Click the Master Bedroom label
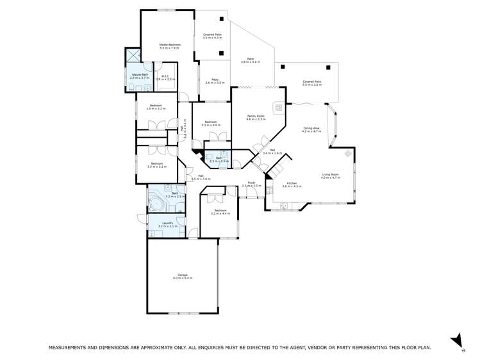point(170,44)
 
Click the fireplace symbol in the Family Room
point(279,108)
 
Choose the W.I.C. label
point(165,75)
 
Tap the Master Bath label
point(140,75)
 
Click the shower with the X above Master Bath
point(133,56)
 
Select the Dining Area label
point(311,128)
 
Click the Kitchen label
point(292,183)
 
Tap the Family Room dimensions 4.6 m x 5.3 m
point(256,119)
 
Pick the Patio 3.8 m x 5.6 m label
point(251,61)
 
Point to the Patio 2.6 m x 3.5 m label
point(213,82)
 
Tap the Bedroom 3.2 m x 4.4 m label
point(220,212)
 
